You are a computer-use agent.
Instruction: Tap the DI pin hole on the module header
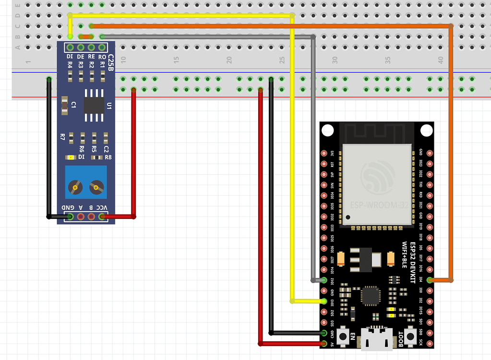coord(70,47)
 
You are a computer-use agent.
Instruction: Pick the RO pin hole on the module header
coord(102,47)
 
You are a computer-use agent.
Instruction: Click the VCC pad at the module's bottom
coord(102,217)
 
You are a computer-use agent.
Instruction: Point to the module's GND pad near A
coord(70,217)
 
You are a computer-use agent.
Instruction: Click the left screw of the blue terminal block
coord(74,187)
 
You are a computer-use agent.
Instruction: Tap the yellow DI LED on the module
coord(71,157)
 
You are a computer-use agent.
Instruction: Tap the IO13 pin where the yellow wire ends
coord(324,301)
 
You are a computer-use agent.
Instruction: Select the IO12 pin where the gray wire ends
coord(324,280)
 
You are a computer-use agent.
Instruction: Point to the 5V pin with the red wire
coord(324,344)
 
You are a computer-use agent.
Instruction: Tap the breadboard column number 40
coord(441,60)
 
